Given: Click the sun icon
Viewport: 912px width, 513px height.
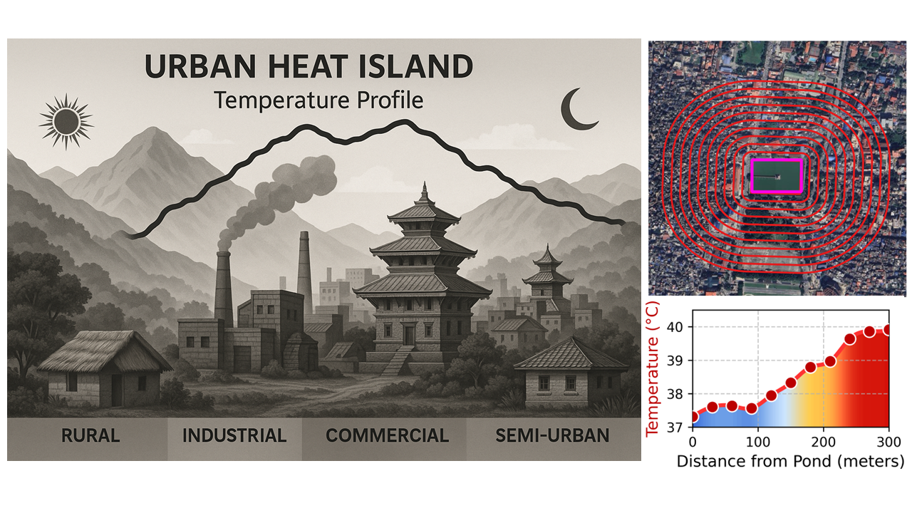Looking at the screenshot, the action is click(66, 122).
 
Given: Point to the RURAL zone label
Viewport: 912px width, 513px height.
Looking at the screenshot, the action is click(90, 435).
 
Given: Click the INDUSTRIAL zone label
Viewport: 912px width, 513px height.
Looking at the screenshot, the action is click(234, 435).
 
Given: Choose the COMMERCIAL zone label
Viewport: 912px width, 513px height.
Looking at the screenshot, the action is click(387, 435).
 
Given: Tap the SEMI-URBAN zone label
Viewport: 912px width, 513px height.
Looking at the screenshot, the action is click(552, 435).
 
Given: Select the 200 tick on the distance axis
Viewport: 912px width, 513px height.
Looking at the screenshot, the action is click(823, 442).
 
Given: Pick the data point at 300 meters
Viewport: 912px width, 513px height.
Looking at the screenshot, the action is click(888, 330).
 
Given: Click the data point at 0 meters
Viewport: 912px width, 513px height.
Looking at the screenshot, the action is click(693, 417).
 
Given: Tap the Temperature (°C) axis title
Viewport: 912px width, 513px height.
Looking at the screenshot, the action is click(652, 369).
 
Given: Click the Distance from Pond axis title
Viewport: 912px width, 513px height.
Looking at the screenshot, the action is click(790, 462).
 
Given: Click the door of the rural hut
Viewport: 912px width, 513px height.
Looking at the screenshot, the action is click(117, 390).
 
